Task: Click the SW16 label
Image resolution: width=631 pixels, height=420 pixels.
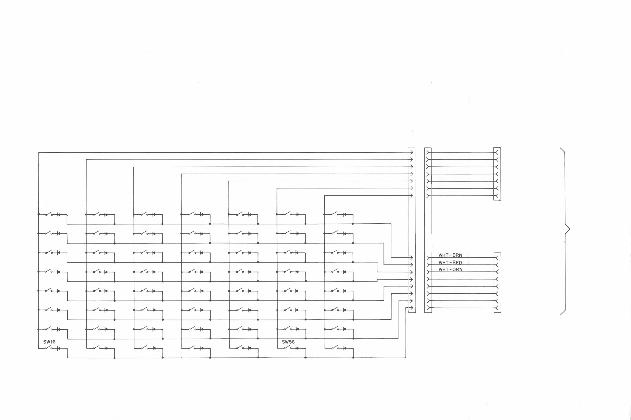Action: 49,342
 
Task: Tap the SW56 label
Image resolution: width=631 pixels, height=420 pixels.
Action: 288,342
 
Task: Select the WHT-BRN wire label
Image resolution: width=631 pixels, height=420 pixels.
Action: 450,255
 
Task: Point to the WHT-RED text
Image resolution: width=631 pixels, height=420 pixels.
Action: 450,263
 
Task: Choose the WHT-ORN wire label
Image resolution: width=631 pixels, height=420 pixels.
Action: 451,269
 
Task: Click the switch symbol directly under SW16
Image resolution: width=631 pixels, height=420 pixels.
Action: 49,348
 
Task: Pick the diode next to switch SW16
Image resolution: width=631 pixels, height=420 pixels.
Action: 58,348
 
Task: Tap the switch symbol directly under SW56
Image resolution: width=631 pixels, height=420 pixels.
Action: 287,348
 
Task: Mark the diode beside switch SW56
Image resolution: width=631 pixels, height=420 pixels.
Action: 297,348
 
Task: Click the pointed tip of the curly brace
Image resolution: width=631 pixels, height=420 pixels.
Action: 570,229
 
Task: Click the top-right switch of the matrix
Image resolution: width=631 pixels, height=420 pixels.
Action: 335,214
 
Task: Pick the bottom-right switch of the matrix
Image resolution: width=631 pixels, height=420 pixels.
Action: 335,348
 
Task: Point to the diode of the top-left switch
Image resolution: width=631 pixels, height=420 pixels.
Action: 58,215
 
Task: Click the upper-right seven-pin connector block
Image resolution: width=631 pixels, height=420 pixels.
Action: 497,174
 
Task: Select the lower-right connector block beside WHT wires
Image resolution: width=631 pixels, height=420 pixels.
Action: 497,282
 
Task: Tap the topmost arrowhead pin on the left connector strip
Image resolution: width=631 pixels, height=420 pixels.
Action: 411,152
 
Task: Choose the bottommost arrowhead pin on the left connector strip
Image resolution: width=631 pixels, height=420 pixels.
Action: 411,308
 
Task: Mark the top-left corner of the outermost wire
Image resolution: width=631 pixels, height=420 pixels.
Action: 39,153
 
